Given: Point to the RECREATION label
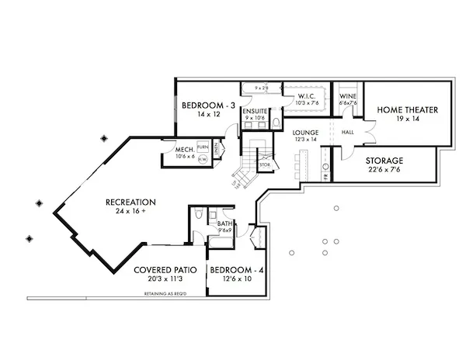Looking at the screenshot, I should coord(131,202).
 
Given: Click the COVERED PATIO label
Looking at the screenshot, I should coord(164,270).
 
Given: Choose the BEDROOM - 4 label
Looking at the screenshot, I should coord(237,270).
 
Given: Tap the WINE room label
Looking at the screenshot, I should coord(347,96).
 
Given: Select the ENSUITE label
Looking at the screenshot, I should coord(255,112).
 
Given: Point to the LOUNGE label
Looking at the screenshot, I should coord(306,133).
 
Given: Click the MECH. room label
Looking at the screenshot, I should coord(184,149).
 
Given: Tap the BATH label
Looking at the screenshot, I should coord(223,223).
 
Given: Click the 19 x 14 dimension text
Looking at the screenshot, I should coord(408,120).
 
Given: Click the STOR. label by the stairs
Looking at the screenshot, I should coord(264,164).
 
